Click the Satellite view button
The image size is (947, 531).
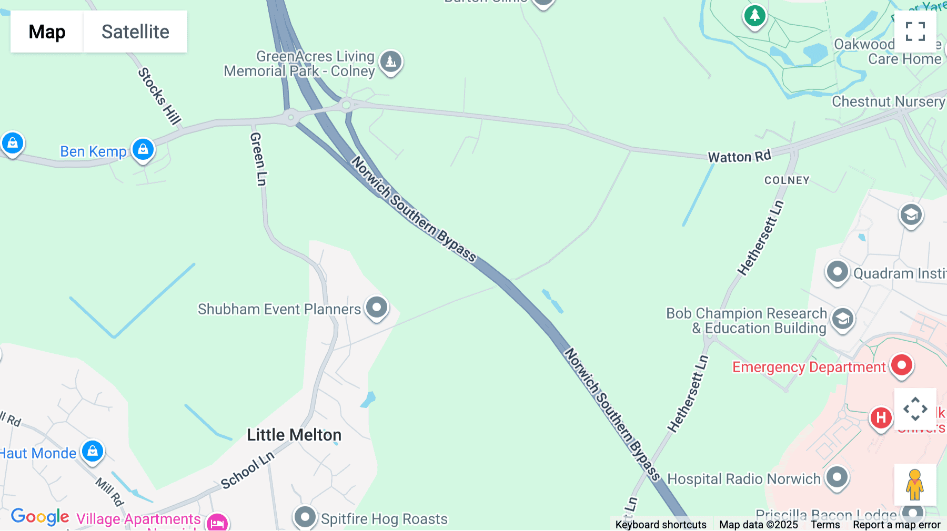[135, 32]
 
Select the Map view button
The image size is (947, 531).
[47, 32]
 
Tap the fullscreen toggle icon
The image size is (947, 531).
[915, 32]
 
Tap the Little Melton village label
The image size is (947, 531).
[294, 435]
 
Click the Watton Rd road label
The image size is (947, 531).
[739, 156]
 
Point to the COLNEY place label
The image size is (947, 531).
[787, 180]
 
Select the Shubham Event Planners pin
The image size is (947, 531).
[377, 307]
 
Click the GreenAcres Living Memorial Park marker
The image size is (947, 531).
[391, 62]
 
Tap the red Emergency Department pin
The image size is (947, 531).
[902, 365]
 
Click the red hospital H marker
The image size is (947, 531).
[881, 418]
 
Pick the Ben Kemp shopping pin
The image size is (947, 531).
[143, 149]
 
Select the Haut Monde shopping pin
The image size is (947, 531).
[93, 451]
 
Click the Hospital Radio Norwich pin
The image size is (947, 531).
[837, 477]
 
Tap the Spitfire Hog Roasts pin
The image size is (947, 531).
[305, 517]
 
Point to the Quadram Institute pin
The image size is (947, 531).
[837, 272]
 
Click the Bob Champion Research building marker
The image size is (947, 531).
[843, 319]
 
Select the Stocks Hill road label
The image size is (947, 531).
[159, 96]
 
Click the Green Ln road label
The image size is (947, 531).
[258, 159]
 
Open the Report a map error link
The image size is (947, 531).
[896, 525]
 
